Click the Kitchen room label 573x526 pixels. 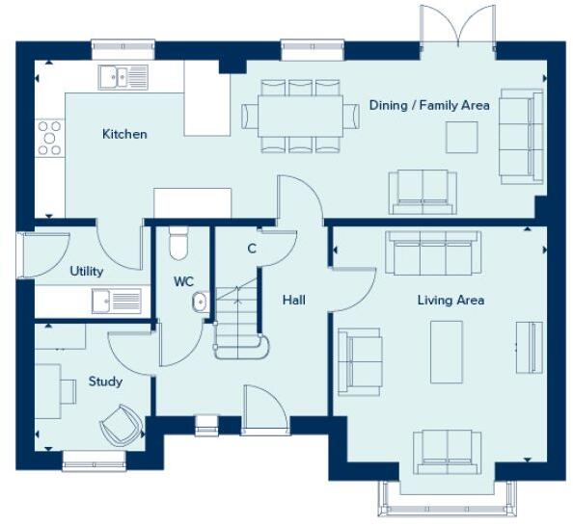[x=124, y=134]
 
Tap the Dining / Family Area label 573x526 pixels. [x=429, y=105]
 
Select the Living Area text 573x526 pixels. [x=450, y=301]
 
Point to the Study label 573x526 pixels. [x=105, y=381]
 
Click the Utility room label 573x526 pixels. [x=86, y=272]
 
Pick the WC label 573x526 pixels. [x=184, y=282]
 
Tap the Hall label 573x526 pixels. [x=294, y=301]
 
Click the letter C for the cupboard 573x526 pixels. [x=252, y=249]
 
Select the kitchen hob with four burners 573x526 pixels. [x=49, y=138]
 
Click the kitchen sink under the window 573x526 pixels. [x=123, y=76]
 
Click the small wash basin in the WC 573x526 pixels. [x=200, y=302]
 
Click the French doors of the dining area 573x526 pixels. [x=457, y=27]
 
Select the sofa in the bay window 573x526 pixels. [x=448, y=452]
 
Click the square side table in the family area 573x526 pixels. [x=460, y=138]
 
